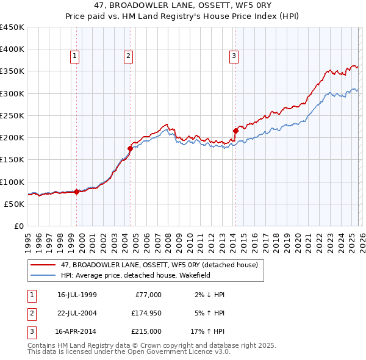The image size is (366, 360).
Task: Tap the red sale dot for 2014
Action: [x=235, y=131]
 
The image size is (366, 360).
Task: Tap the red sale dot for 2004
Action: [x=130, y=148]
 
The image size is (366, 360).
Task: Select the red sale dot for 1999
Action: [x=76, y=192]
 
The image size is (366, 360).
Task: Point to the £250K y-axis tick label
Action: [x=12, y=115]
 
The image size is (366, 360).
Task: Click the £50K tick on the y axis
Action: [x=14, y=204]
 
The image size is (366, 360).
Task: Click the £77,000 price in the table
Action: [x=147, y=295]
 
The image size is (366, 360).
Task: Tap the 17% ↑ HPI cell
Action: [x=207, y=332]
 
